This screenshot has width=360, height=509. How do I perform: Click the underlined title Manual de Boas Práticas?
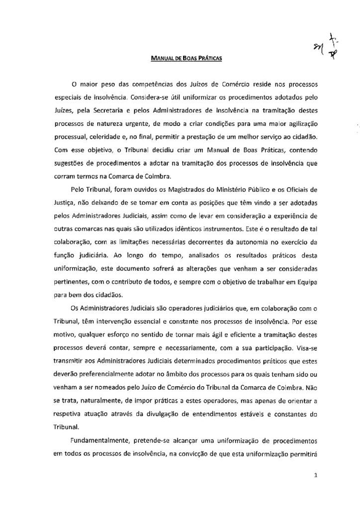coord(186,58)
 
